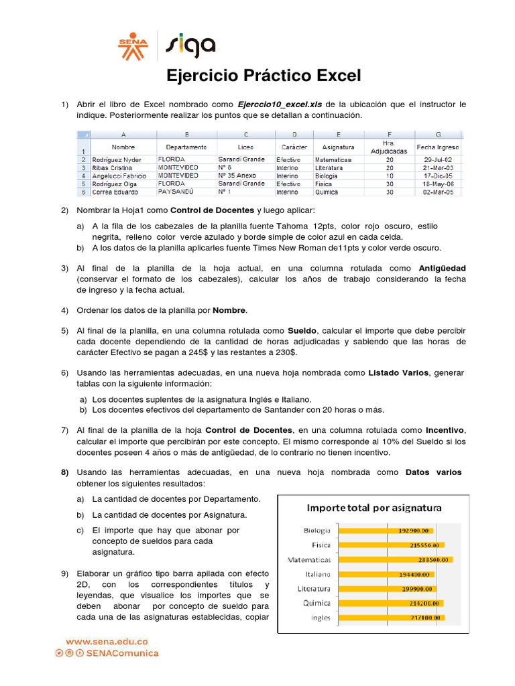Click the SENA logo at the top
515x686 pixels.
click(133, 45)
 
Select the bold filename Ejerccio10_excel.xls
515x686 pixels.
click(280, 105)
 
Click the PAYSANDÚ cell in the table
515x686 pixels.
click(176, 192)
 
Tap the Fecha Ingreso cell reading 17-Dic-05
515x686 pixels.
click(438, 176)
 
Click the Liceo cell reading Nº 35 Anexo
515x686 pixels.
click(237, 176)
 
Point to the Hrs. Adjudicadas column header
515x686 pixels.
click(389, 147)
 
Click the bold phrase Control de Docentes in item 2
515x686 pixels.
click(212, 210)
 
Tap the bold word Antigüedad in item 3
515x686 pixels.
click(442, 268)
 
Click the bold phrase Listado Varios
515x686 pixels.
click(398, 372)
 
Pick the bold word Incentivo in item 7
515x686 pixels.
click(446, 430)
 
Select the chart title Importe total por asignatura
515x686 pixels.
click(374, 508)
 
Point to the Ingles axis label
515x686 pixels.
click(320, 618)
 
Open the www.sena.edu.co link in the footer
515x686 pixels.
click(106, 641)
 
